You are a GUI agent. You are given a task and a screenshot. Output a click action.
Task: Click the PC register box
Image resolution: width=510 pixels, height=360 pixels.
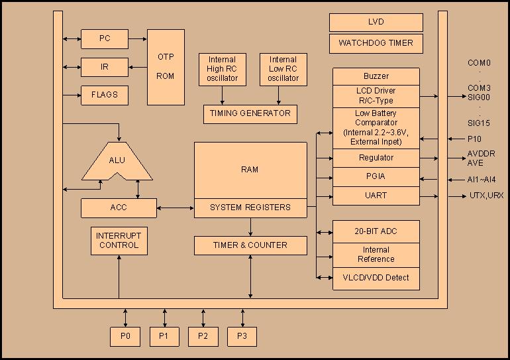[x=104, y=38]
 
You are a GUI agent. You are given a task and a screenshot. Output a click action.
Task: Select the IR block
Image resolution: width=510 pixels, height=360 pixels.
[x=104, y=67]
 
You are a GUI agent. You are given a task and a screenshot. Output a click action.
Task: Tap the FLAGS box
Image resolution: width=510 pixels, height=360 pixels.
[x=104, y=95]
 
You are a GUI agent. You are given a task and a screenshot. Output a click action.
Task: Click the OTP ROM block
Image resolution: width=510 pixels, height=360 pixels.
[x=166, y=66]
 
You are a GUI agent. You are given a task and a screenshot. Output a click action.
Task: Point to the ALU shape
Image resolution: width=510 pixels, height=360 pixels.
[x=117, y=160]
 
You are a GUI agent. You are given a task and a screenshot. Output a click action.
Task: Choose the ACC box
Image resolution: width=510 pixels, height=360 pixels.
[x=119, y=208]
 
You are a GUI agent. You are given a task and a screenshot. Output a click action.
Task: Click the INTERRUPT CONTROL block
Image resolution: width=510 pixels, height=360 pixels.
[x=119, y=241]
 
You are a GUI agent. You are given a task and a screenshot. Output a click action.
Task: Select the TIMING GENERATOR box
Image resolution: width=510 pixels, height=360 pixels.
[x=250, y=113]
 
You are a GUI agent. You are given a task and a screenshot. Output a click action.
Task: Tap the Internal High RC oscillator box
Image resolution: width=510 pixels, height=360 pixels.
[x=222, y=69]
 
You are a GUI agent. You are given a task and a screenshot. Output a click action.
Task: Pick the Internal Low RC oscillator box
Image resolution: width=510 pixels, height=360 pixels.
[x=283, y=69]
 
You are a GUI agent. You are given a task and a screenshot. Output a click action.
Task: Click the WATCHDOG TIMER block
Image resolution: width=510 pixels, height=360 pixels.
[x=376, y=44]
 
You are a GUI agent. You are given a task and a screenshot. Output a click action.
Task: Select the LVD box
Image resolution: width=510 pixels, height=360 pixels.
[x=376, y=22]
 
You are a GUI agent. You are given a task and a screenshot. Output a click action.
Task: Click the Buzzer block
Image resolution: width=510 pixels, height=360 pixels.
[x=376, y=76]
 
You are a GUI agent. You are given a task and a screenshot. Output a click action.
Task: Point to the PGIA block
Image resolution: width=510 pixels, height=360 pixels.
[x=376, y=177]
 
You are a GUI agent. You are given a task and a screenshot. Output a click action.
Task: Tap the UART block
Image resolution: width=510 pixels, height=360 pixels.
[x=376, y=196]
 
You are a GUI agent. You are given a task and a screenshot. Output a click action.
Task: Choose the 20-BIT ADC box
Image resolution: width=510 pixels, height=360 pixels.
[x=376, y=231]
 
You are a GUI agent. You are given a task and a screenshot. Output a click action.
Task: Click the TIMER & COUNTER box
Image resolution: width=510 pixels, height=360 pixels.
[x=250, y=245]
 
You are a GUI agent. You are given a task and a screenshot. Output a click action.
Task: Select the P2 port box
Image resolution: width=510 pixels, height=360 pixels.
[x=203, y=337]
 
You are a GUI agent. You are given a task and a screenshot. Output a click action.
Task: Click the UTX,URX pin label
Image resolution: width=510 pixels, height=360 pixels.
[x=486, y=196]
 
